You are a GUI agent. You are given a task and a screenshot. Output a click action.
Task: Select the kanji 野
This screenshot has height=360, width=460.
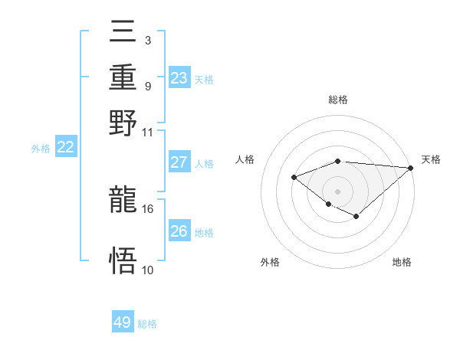coord(123,123)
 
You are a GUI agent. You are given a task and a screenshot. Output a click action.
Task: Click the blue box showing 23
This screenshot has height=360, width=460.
coord(179,78)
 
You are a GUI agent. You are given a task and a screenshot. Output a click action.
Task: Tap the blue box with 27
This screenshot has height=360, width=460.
coord(179,162)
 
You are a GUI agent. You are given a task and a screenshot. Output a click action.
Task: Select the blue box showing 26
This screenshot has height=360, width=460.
coord(179,231)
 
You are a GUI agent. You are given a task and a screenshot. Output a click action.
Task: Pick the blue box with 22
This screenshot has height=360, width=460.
coord(65,148)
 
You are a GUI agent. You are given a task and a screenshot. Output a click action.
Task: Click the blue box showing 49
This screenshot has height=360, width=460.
coord(123,322)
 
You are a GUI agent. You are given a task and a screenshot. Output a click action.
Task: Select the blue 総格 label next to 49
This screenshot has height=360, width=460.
coord(147,324)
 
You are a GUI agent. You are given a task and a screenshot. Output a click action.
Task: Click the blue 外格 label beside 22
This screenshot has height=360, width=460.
coord(40,149)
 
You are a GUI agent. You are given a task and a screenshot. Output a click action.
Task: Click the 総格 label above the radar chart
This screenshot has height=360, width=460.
coord(337,100)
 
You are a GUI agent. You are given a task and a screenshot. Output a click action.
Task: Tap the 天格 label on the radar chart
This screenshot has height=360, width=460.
coord(431,159)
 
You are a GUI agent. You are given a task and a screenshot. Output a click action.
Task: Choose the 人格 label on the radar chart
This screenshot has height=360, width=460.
coord(245,159)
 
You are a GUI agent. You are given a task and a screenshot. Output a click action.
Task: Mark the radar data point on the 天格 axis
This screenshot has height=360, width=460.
coord(411,168)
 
